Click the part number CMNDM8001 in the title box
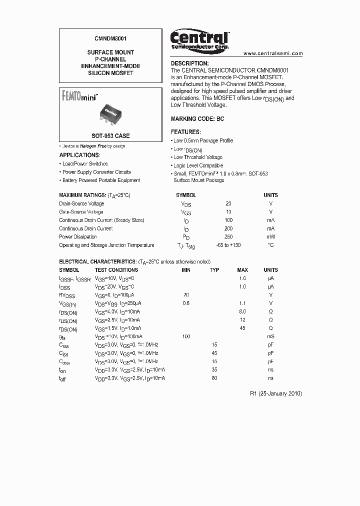[110, 37]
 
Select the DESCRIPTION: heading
[190, 63]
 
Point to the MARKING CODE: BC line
[197, 119]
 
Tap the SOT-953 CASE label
[110, 136]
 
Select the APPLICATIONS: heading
[79, 155]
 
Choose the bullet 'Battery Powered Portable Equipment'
[101, 180]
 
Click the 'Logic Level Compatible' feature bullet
[198, 165]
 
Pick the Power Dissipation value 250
[228, 237]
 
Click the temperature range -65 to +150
[228, 245]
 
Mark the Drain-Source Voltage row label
[81, 204]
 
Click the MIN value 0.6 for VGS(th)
[186, 303]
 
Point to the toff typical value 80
[214, 378]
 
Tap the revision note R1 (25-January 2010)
[276, 393]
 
